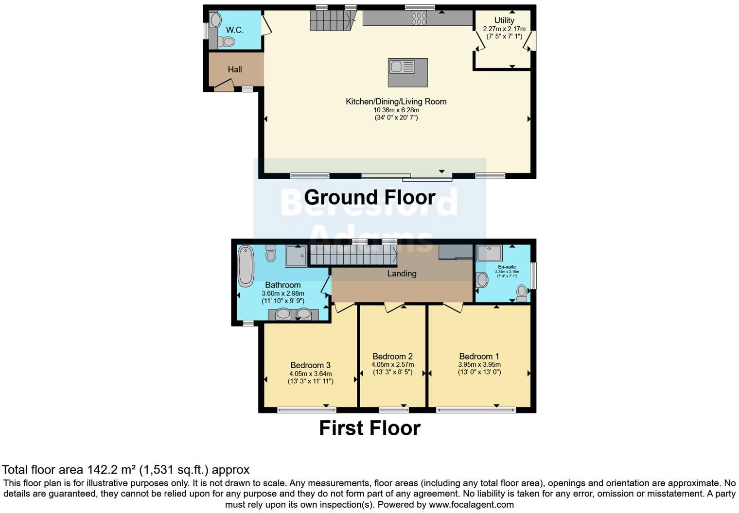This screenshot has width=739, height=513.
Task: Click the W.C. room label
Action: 234,30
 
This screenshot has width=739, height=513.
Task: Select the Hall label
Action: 235,69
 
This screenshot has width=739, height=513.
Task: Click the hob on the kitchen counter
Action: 419,18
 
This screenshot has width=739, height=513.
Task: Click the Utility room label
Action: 504,20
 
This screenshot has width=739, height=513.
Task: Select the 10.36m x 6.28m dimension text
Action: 396,110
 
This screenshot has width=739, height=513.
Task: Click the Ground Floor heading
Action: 369,197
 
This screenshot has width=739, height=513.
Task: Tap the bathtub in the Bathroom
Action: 246,266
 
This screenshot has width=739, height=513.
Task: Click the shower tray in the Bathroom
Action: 296,256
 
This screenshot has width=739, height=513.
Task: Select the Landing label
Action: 402,274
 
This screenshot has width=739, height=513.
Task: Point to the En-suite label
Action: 507,267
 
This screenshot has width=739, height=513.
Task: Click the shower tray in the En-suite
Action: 489,253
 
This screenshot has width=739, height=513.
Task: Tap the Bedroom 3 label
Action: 310,365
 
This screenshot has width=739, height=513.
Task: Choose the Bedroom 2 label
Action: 392,357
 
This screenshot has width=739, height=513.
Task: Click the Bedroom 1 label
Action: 479,357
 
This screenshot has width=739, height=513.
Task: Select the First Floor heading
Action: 369,428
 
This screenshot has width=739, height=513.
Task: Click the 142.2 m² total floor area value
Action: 111,470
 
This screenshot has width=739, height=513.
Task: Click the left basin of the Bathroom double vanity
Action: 283,314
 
